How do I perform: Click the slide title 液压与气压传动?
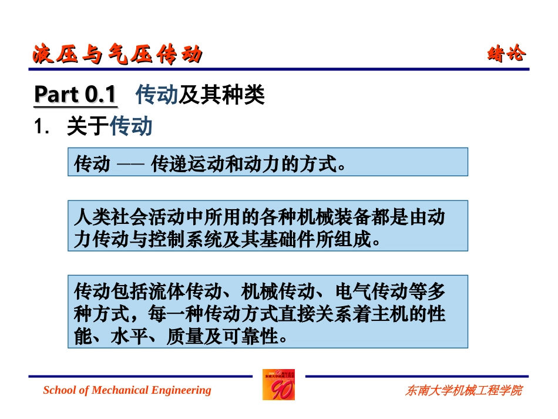point(117,55)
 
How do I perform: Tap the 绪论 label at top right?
point(507,55)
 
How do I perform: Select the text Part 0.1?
point(75,95)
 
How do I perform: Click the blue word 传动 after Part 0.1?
point(156,95)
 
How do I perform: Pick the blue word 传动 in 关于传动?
point(132,126)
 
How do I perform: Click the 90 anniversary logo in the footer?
point(278,385)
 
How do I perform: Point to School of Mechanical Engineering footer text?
point(127,390)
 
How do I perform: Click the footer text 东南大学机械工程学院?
point(463,390)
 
